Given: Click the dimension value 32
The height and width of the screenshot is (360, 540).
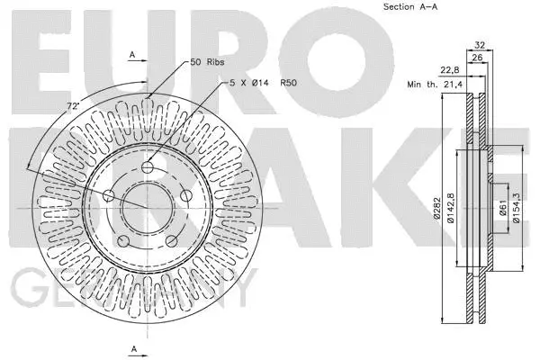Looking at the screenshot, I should (481, 43).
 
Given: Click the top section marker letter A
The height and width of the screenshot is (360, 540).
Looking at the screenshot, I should (132, 56).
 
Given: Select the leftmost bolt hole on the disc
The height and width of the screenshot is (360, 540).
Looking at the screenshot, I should (109, 196).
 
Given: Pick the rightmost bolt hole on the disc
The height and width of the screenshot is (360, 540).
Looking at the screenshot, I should (185, 196).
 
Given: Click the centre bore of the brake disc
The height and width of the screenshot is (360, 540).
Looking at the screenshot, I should (148, 208).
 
